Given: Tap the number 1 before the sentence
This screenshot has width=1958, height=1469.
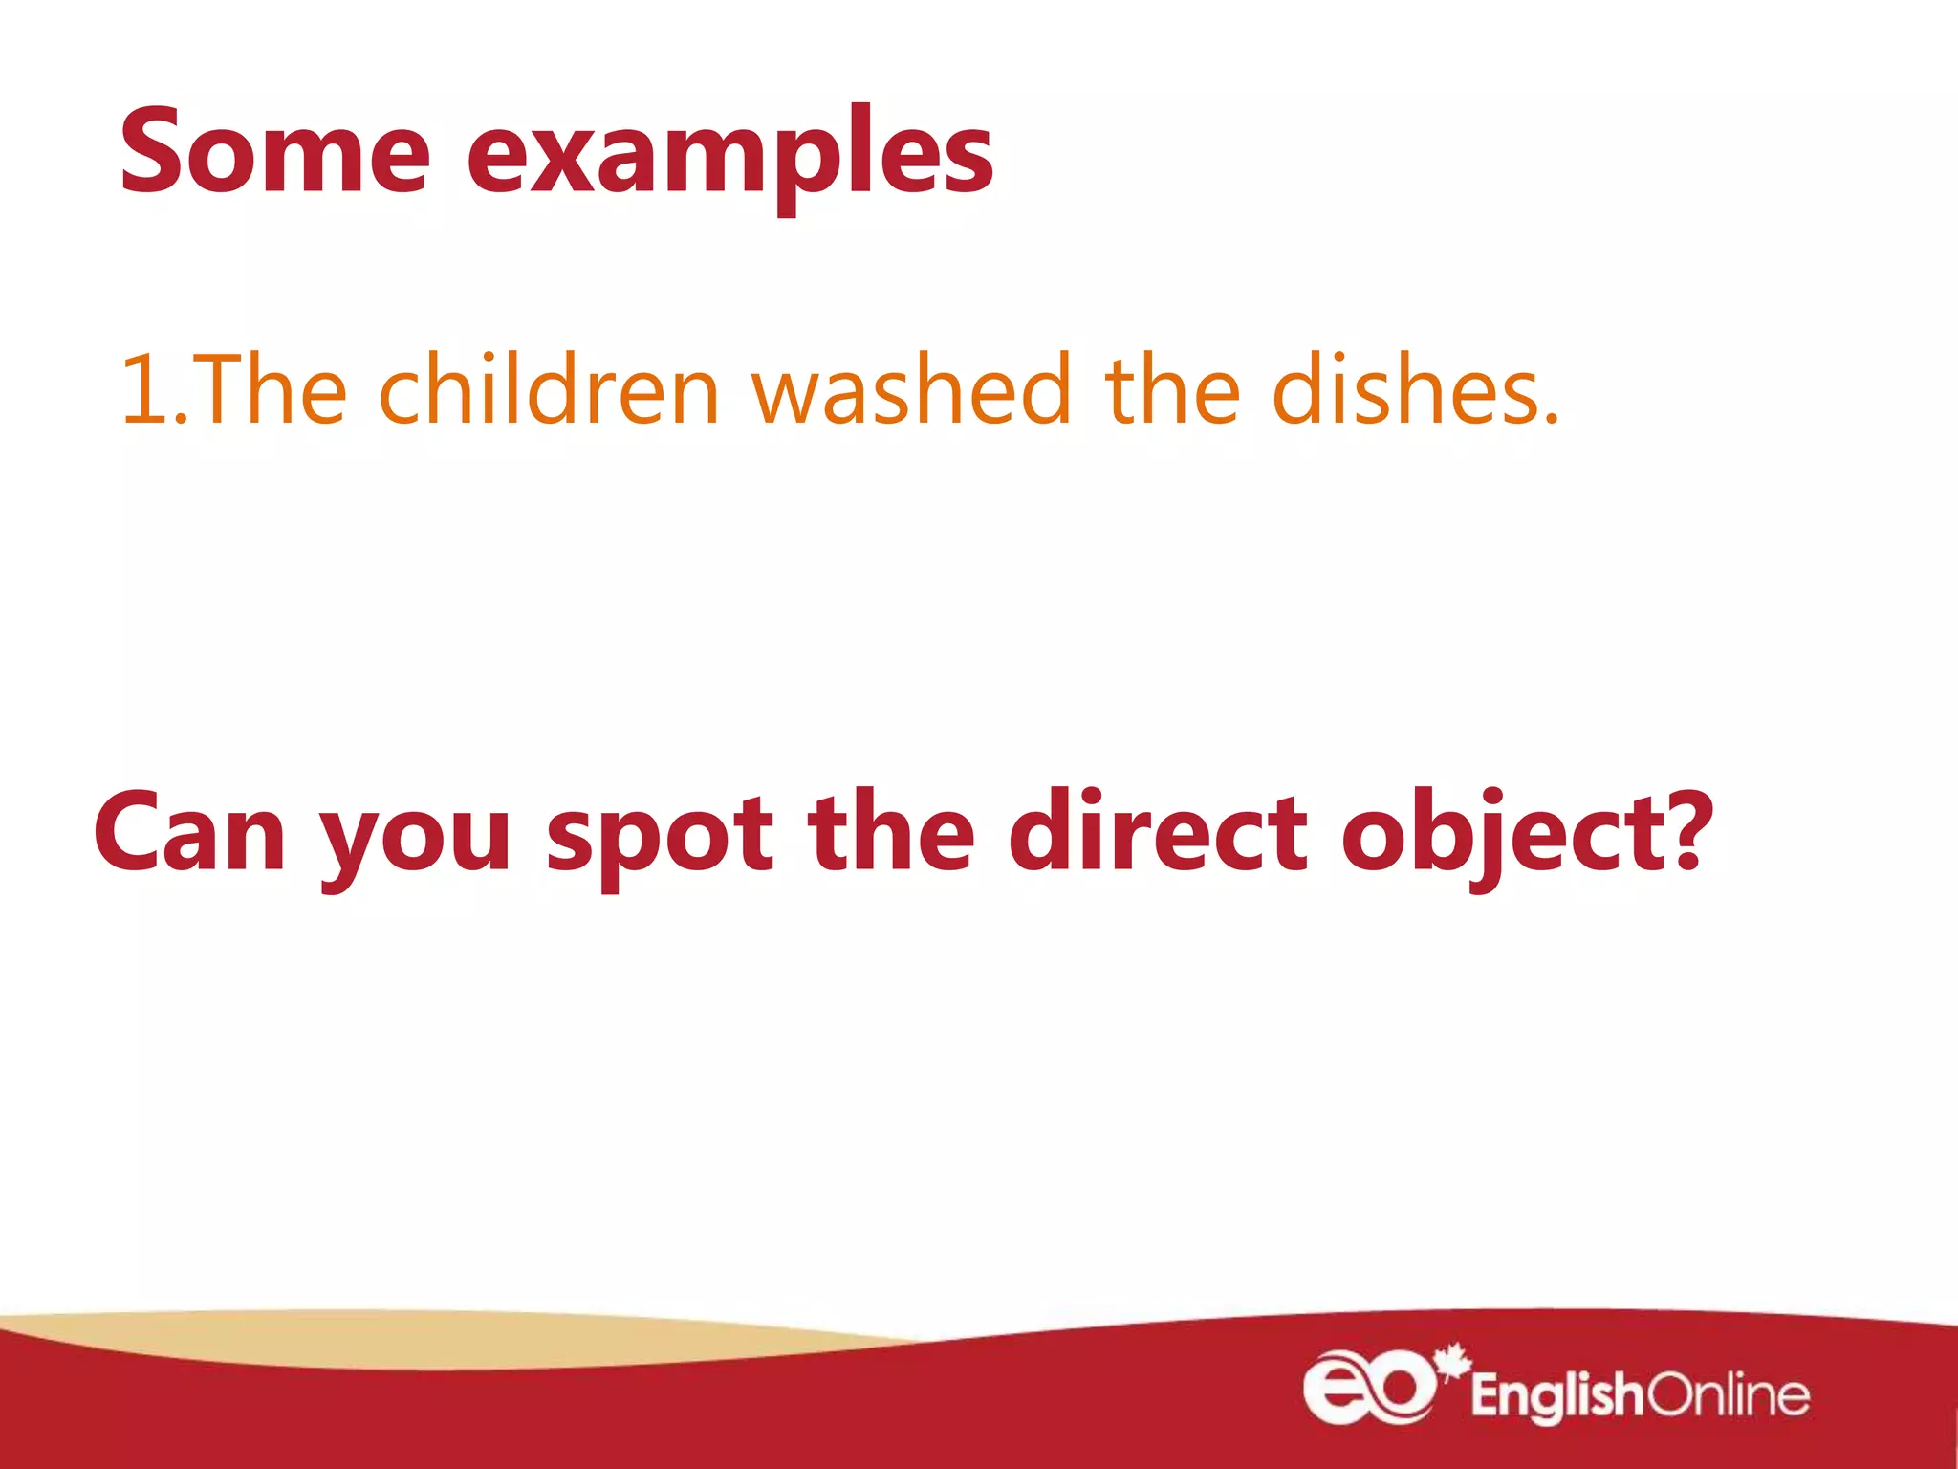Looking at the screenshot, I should pos(143,390).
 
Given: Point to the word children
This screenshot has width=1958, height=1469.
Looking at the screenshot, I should pos(549,390).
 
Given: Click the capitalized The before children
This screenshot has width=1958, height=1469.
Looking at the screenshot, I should pos(272,390).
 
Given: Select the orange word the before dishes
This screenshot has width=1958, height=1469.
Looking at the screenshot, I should pos(1172,390).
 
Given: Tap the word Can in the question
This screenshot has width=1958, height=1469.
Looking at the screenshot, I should pos(189,832).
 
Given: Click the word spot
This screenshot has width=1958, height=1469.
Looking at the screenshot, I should pos(660,837).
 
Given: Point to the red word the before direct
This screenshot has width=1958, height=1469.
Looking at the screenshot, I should pos(891,832).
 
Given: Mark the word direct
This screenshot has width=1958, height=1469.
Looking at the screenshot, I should pos(1158,832).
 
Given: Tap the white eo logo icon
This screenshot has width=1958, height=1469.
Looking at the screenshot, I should pos(1368,1388).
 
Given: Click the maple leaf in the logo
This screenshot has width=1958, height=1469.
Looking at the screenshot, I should pos(1452,1361).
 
